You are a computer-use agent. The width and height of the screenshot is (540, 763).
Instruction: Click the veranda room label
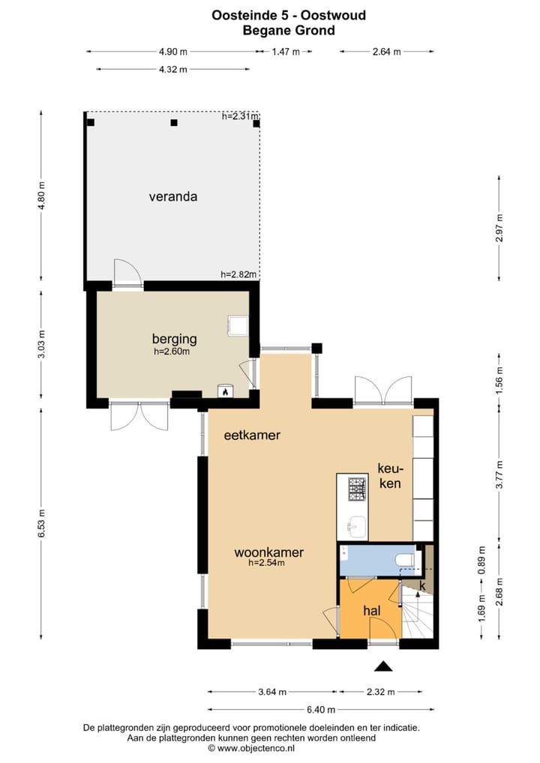click(x=172, y=197)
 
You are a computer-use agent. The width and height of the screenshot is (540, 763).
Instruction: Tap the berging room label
click(x=172, y=338)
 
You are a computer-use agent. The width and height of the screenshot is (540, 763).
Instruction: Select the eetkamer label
click(x=251, y=435)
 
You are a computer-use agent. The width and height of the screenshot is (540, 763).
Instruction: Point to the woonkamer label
click(x=268, y=552)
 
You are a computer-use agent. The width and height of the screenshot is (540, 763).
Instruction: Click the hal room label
click(x=372, y=611)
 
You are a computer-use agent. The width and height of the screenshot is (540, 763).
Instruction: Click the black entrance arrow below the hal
click(x=383, y=666)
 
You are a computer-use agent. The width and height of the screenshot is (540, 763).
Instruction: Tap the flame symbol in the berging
click(x=224, y=390)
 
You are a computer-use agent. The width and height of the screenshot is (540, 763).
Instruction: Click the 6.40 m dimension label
click(x=320, y=710)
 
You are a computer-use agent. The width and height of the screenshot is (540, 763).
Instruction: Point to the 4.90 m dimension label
click(x=172, y=52)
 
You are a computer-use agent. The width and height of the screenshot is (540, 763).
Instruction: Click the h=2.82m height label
click(x=239, y=274)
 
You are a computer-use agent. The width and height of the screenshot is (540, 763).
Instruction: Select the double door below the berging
click(x=139, y=417)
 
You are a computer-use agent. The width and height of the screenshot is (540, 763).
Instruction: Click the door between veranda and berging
click(x=127, y=273)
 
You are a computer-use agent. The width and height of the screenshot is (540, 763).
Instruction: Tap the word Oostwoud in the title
click(x=334, y=14)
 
